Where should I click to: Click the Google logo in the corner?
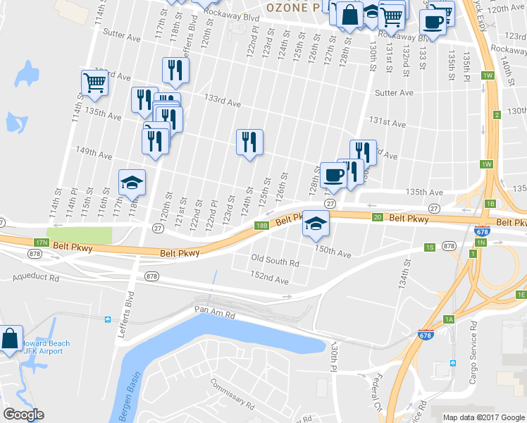pyautogui.click(x=23, y=415)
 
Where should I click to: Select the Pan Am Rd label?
pyautogui.click(x=215, y=309)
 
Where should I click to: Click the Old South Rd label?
pyautogui.click(x=275, y=262)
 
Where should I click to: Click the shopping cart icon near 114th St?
pyautogui.click(x=94, y=82)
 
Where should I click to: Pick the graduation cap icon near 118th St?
pyautogui.click(x=132, y=183)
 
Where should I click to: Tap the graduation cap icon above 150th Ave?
pyautogui.click(x=316, y=225)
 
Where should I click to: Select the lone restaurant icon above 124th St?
pyautogui.click(x=249, y=143)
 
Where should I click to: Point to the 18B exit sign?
pyautogui.click(x=261, y=226)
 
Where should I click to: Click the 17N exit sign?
pyautogui.click(x=42, y=243)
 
